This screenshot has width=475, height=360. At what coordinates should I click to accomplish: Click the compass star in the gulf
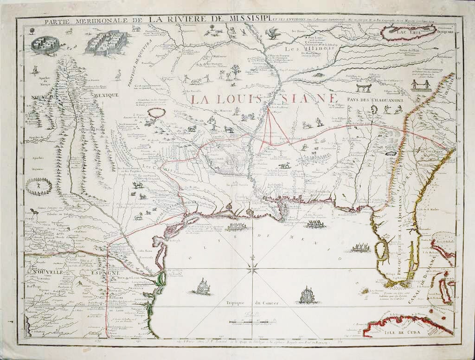tap(253, 266)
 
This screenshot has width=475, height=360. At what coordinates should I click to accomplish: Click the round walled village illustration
tap(45, 45)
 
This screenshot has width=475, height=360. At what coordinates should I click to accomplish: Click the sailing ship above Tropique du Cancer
tap(307, 295)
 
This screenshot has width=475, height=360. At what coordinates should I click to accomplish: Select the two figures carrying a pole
tap(421, 84)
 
